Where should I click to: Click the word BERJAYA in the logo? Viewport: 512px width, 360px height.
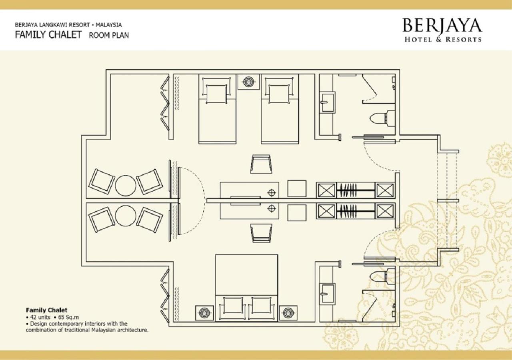coord(442,25)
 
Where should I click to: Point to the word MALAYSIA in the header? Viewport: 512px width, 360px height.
coord(108,25)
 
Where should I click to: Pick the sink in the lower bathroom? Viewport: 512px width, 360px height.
coord(327,294)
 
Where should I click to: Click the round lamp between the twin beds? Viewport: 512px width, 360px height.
coord(248,81)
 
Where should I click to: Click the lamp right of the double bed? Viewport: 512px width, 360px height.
coord(288,313)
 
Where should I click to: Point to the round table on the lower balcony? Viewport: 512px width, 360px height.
coord(126,216)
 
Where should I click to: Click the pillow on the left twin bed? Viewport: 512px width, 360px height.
coord(216,94)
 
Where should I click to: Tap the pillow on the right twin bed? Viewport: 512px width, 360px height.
coord(279,94)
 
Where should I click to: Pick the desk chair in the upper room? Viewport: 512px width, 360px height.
coord(261,164)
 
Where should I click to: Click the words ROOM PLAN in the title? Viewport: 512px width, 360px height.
coord(109,36)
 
